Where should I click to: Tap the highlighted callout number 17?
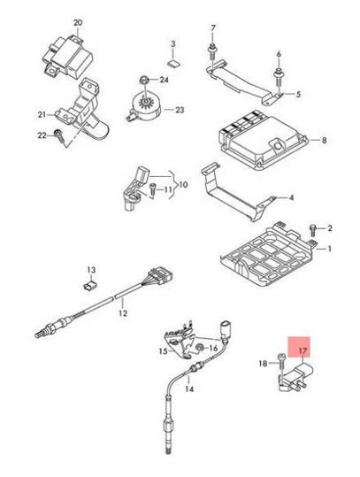point(302,351)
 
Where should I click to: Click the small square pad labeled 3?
point(173,61)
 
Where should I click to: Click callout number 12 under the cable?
point(123,313)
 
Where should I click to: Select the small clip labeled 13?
point(90,285)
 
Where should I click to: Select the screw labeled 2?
point(313,228)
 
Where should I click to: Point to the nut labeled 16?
point(201,346)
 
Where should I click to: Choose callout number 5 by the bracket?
point(298,94)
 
